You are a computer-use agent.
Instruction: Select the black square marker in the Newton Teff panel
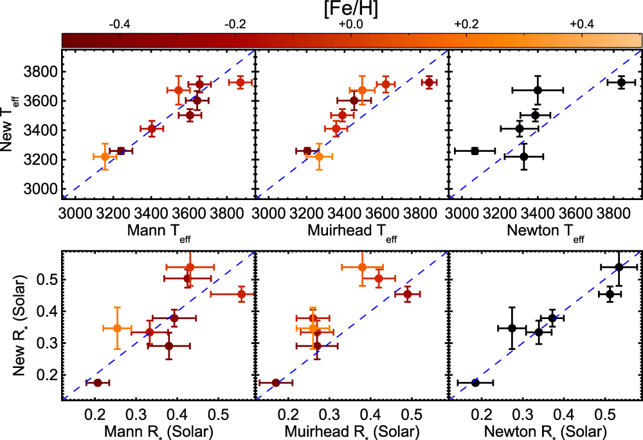(x=475, y=151)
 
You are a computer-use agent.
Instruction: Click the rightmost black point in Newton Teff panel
(x=621, y=82)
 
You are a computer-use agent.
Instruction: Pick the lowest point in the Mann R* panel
(x=98, y=383)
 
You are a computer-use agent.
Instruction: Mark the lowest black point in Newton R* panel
(x=475, y=383)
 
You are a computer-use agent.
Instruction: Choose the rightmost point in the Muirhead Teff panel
(x=429, y=82)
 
